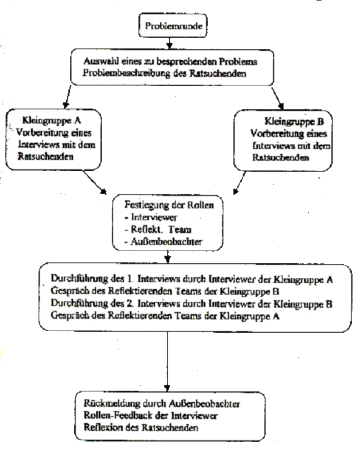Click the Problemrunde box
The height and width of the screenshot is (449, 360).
pyautogui.click(x=173, y=25)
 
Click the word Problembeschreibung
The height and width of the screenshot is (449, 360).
pyautogui.click(x=127, y=73)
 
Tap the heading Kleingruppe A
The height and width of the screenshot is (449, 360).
pyautogui.click(x=52, y=120)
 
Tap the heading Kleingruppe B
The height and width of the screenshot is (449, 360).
pyautogui.click(x=294, y=122)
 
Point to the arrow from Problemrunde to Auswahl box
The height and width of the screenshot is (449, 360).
pyautogui.click(x=169, y=43)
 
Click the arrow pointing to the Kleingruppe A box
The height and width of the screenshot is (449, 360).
pyautogui.click(x=68, y=97)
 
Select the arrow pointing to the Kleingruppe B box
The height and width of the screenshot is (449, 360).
pyautogui.click(x=277, y=98)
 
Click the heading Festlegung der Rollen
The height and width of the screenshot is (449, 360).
pyautogui.click(x=169, y=205)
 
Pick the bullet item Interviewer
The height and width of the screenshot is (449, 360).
pyautogui.click(x=151, y=217)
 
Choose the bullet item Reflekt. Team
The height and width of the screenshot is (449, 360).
pyautogui.click(x=158, y=229)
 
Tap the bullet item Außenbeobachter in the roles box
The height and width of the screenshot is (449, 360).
pyautogui.click(x=163, y=241)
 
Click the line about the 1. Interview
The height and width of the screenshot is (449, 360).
pyautogui.click(x=192, y=278)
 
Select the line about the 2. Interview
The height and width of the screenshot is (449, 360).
pyautogui.click(x=191, y=303)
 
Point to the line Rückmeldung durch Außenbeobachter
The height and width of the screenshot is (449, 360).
pyautogui.click(x=161, y=404)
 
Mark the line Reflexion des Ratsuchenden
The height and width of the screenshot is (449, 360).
pyautogui.click(x=141, y=427)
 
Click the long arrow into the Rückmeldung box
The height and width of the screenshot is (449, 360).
pyautogui.click(x=168, y=362)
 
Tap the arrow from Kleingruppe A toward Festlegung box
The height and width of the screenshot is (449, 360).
pyautogui.click(x=95, y=182)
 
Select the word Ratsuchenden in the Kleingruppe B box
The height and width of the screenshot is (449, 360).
pyautogui.click(x=281, y=158)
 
